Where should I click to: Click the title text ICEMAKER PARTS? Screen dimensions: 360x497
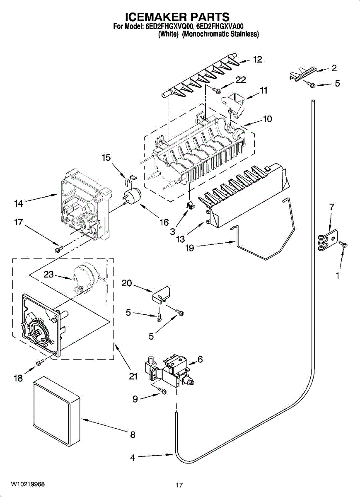tap(178, 17)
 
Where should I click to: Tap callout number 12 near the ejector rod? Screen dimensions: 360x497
tap(257, 60)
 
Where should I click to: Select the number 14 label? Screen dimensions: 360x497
tap(18, 203)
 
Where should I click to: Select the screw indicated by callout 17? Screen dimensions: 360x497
tap(59, 249)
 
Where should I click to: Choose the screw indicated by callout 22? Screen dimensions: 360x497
tap(217, 90)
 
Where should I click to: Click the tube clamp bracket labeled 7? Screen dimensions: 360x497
tap(328, 240)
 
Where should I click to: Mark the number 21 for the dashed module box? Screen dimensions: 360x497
tap(133, 376)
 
